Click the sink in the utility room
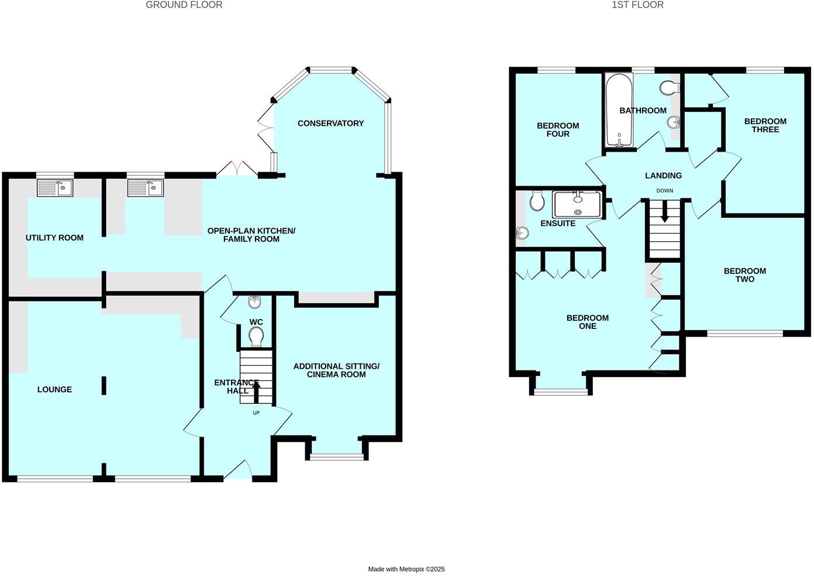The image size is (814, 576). click(x=55, y=187)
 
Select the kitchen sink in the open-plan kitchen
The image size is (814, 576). click(x=146, y=187)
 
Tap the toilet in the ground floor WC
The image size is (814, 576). click(x=256, y=337)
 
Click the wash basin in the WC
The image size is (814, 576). click(x=255, y=302)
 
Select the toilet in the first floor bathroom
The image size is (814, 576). click(x=668, y=88)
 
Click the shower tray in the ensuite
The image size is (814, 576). click(x=578, y=204)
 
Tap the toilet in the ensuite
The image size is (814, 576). click(x=536, y=202)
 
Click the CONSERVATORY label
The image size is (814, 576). click(x=330, y=123)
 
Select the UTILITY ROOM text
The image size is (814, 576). click(x=54, y=238)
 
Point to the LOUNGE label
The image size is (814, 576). click(x=54, y=389)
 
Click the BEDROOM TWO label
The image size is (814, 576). click(x=744, y=275)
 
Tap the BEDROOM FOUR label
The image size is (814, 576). click(x=558, y=129)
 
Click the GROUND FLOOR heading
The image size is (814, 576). click(x=184, y=5)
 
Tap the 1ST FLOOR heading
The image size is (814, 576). click(x=637, y=5)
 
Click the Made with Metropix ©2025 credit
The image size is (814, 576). click(x=406, y=569)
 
